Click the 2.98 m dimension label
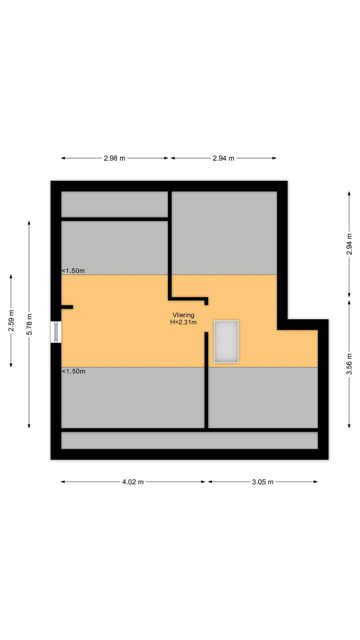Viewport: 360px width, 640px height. (x=114, y=158)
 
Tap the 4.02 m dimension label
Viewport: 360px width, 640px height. (x=133, y=482)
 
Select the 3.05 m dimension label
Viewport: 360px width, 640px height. (x=262, y=482)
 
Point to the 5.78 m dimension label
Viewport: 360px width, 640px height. (x=30, y=324)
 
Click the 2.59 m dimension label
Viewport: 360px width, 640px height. (x=11, y=320)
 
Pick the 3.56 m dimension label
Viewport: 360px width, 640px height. (x=349, y=364)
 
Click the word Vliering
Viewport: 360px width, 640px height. (x=184, y=315)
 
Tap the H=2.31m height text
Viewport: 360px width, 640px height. (x=184, y=322)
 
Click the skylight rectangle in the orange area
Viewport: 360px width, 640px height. (x=226, y=342)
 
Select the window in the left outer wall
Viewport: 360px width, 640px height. (x=56, y=332)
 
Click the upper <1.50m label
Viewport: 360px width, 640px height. (x=73, y=270)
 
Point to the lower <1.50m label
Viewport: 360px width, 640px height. (x=74, y=371)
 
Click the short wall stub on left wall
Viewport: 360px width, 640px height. (x=67, y=307)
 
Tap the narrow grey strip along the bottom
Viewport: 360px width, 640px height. (x=190, y=440)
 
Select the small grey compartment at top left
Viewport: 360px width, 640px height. (x=114, y=204)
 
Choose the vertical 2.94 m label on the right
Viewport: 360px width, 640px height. (x=349, y=244)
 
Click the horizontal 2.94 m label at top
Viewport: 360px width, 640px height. (x=224, y=158)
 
